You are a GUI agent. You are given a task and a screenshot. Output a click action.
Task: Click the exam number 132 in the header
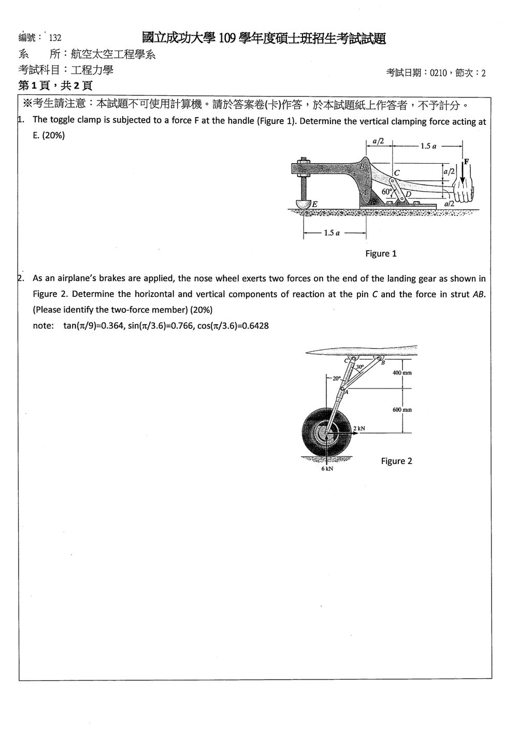click(55, 38)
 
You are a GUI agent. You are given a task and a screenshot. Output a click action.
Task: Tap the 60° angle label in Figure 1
click(387, 192)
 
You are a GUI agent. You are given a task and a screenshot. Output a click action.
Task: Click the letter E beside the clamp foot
click(314, 205)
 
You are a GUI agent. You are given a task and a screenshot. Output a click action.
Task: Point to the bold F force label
click(466, 161)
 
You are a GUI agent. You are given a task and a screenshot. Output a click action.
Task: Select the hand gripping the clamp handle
click(463, 192)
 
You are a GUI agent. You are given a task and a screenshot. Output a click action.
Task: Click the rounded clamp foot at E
click(304, 204)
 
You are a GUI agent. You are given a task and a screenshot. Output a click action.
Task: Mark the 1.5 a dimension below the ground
click(332, 233)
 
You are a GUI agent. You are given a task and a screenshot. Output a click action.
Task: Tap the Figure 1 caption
click(381, 254)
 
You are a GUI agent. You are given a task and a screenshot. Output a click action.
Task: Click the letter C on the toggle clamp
click(397, 173)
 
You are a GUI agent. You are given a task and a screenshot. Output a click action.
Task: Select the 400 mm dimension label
click(402, 373)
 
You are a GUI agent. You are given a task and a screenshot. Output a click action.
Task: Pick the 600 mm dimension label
click(402, 410)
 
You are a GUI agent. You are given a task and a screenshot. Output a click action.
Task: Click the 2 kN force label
click(359, 428)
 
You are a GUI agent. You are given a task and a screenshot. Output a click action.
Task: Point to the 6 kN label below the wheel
click(327, 469)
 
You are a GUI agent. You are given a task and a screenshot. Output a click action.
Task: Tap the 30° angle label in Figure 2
click(359, 367)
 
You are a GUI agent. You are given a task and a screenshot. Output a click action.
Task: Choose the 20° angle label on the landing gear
click(337, 379)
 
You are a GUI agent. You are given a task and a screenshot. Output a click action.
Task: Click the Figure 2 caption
click(396, 461)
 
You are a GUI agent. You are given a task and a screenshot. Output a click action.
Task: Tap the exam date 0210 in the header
click(438, 73)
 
